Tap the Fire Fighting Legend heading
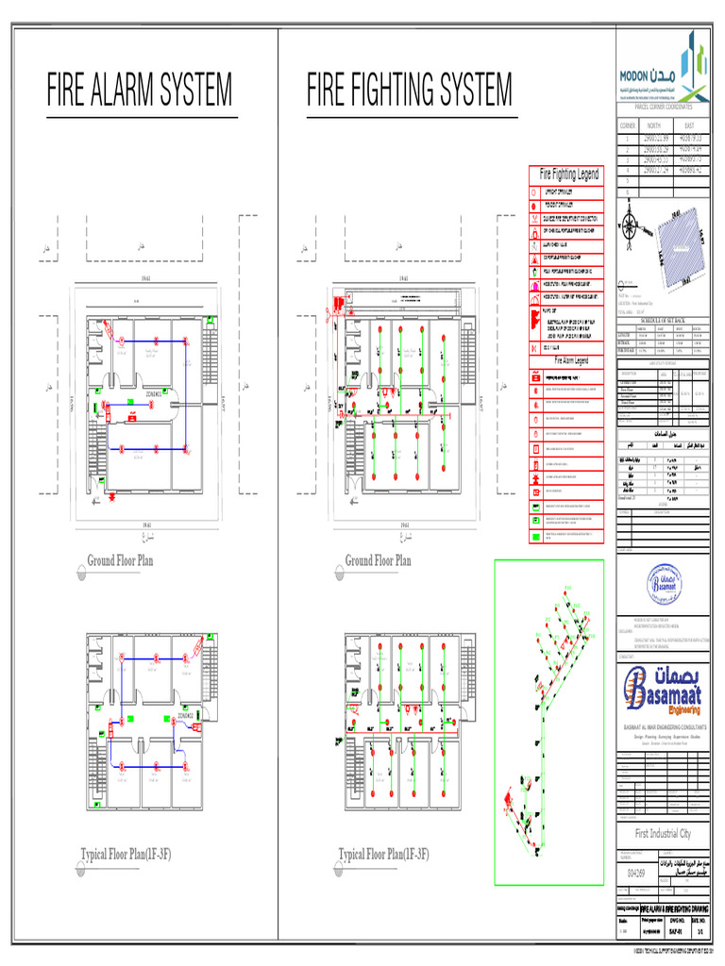point(568,175)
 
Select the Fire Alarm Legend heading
point(568,360)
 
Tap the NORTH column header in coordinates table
point(653,125)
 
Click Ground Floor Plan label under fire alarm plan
point(120,560)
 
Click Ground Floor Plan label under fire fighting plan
point(378,560)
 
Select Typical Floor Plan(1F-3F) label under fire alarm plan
point(126,855)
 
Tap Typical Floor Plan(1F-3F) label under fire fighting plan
point(383,855)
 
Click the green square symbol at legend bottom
point(535,535)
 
